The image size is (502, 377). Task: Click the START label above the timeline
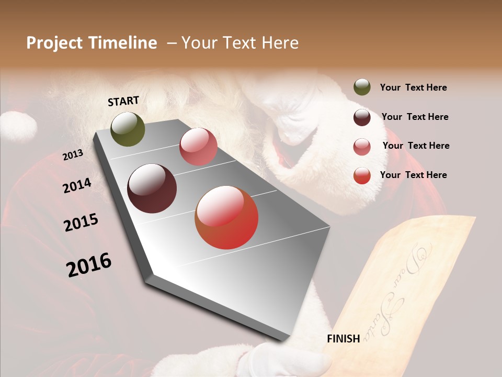coord(123,101)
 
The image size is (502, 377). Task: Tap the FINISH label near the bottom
coord(343,339)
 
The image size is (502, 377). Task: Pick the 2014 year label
coord(77,186)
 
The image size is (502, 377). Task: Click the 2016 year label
coord(89,265)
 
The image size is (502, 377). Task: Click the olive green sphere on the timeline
coord(128,129)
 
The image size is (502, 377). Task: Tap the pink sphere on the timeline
coord(198,147)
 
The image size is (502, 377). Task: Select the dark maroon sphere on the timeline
coord(152,188)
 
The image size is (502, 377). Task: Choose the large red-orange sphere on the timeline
coord(226,217)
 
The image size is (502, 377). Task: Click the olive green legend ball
coord(362,87)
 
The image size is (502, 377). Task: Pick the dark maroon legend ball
coord(362,117)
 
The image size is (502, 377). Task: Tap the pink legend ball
coord(362,147)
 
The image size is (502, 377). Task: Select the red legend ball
coord(362,175)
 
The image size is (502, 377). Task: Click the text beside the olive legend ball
coord(413,88)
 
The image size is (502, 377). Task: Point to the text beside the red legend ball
coord(413,175)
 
